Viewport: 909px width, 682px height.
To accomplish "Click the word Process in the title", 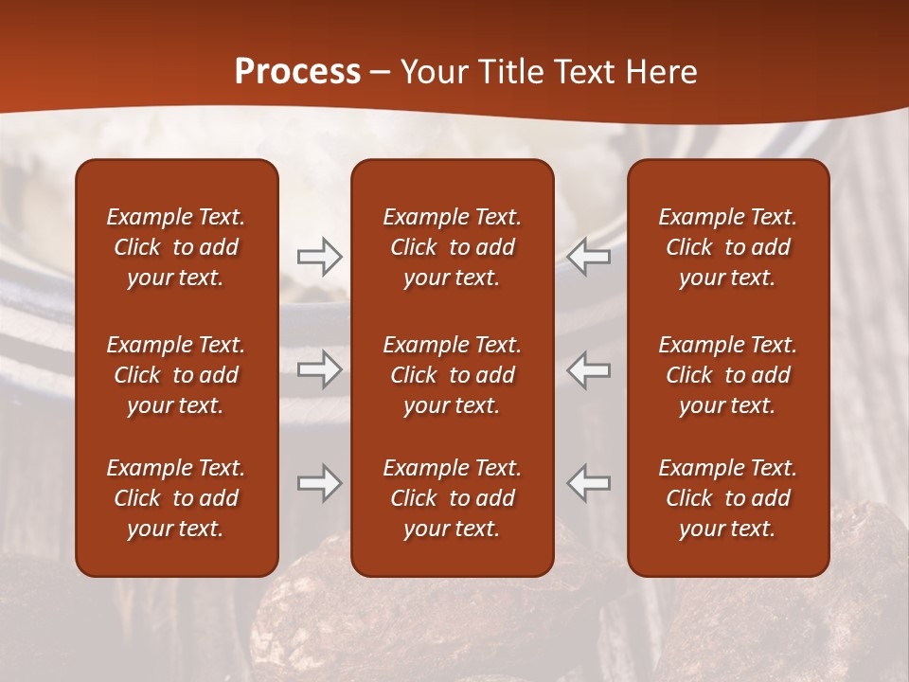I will point(297,72).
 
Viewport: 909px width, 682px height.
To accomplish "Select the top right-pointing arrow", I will point(319,256).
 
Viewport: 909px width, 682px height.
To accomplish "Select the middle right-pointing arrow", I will point(319,369).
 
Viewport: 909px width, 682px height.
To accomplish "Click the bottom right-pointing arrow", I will point(319,483).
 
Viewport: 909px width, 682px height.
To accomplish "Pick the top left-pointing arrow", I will point(589,256).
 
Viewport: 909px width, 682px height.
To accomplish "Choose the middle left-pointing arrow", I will point(589,369).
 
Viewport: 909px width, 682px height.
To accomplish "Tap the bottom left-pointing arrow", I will point(589,483).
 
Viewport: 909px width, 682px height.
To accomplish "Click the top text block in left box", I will point(176,247).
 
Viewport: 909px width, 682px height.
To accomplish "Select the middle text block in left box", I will point(176,375).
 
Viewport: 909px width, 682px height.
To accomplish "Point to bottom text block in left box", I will point(176,498).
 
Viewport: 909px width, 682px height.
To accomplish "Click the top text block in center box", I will point(452,247).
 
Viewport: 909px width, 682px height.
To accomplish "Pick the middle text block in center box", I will point(452,375).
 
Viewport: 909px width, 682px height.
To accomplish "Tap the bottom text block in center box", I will point(452,498).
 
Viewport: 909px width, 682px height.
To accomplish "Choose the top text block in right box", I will point(727,247).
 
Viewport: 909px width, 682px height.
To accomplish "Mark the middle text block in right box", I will point(727,375).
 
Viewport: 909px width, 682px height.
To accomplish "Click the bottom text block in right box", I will point(727,498).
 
